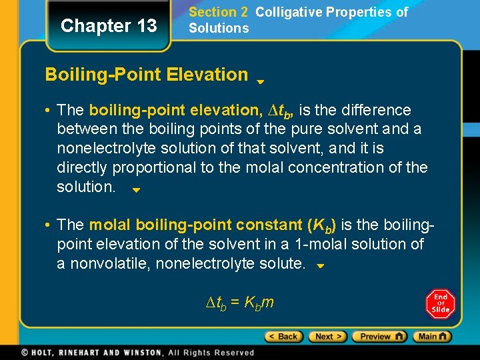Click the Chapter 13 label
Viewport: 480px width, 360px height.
pos(109,26)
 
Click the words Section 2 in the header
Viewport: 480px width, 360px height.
pos(213,12)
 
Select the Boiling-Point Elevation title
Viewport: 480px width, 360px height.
pos(146,74)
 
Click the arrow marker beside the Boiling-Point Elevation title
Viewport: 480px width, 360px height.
pos(261,82)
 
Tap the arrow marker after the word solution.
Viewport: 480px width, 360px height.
pos(135,190)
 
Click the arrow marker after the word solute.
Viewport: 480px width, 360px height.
pos(319,266)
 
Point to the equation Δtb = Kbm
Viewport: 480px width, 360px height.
pos(239,303)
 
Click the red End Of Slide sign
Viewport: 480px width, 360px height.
pos(441,304)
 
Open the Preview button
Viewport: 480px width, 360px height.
pos(379,337)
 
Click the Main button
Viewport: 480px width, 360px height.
pos(431,337)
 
